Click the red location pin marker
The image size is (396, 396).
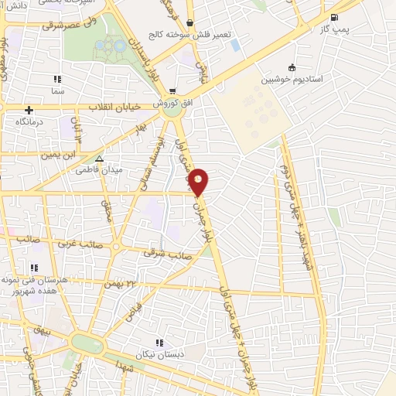tap(200, 182)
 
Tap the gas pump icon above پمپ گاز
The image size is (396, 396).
tap(333, 17)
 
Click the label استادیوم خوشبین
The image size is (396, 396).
tap(292, 79)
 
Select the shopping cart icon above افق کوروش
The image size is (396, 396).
tap(172, 90)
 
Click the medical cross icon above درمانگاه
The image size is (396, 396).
tap(29, 110)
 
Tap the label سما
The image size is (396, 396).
tap(56, 90)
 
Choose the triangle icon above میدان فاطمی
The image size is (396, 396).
tap(99, 159)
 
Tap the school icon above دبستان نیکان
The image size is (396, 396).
tap(159, 343)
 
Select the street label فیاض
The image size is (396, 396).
tap(136, 312)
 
